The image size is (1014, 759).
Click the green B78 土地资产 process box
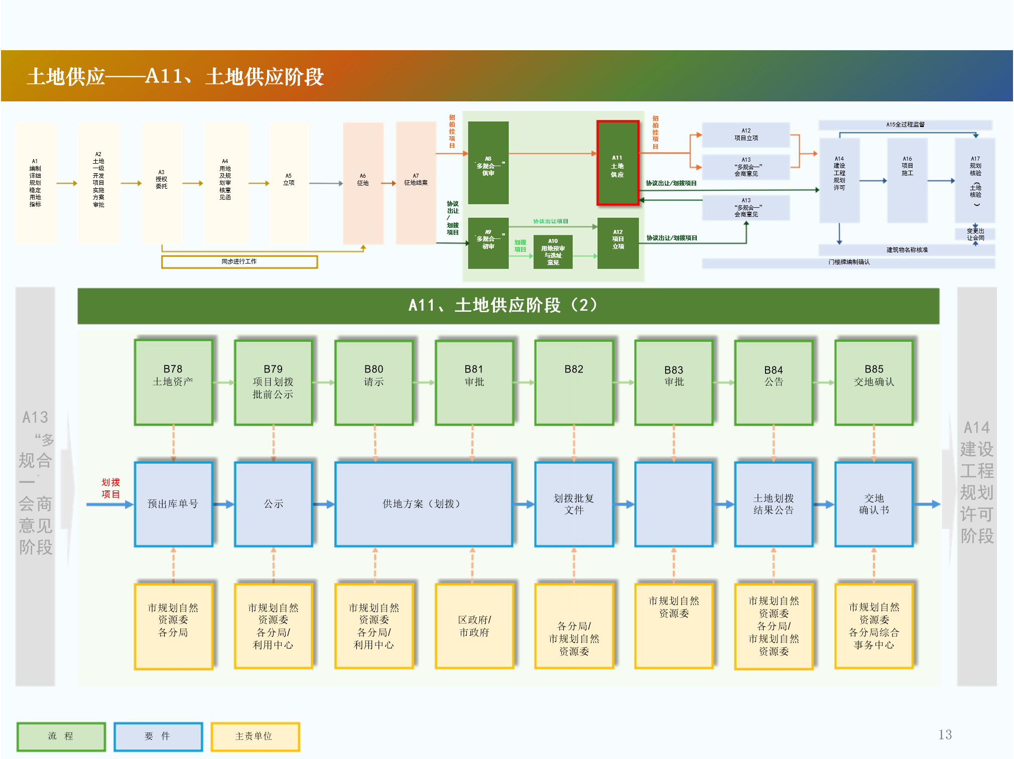[173, 383]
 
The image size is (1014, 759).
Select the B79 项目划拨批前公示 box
[273, 383]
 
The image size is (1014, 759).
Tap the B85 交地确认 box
[873, 383]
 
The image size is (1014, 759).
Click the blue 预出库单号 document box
[173, 504]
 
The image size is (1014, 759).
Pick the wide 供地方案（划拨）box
[423, 504]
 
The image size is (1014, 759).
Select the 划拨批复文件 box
[574, 504]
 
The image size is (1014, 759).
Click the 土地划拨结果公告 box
[773, 504]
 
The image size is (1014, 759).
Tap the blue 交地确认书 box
[873, 504]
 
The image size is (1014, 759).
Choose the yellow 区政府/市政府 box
[474, 626]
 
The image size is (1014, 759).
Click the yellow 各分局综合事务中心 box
[873, 626]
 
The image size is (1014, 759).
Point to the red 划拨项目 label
[110, 488]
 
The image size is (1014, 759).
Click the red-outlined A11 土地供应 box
[617, 163]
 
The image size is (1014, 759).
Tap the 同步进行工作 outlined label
[239, 262]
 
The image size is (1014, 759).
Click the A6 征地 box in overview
[363, 183]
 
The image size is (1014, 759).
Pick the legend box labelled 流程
[61, 736]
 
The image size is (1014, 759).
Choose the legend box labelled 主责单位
[255, 736]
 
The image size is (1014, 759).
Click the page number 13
[945, 735]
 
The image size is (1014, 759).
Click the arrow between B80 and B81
[424, 383]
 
